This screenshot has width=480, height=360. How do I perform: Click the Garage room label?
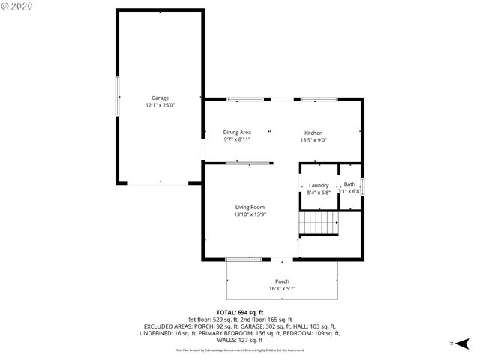click(x=160, y=97)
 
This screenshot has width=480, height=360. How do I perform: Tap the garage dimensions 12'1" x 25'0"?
click(x=160, y=106)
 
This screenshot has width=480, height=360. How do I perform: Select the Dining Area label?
click(x=237, y=132)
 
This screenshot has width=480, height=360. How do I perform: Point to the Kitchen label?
click(x=313, y=133)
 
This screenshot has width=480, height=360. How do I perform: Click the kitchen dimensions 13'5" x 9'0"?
click(x=313, y=139)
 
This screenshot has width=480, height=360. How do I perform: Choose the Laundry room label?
click(x=319, y=184)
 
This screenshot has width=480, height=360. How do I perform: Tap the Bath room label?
click(x=349, y=184)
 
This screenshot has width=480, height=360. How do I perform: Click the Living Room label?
click(x=250, y=207)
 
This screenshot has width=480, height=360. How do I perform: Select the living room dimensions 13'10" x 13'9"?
click(x=250, y=214)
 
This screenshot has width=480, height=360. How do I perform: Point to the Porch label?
click(x=282, y=281)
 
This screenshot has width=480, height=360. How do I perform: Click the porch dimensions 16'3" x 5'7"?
click(x=282, y=288)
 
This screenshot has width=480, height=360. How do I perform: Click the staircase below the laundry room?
click(x=319, y=223)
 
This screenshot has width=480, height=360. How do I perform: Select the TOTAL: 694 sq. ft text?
click(x=240, y=312)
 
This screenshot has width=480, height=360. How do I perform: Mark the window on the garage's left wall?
click(x=116, y=97)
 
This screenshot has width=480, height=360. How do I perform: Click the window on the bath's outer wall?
click(x=362, y=185)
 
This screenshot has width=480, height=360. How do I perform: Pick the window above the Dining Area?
click(x=244, y=99)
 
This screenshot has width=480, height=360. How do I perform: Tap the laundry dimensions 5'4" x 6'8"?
click(x=319, y=193)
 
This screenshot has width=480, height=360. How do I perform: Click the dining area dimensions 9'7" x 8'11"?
click(x=237, y=139)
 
